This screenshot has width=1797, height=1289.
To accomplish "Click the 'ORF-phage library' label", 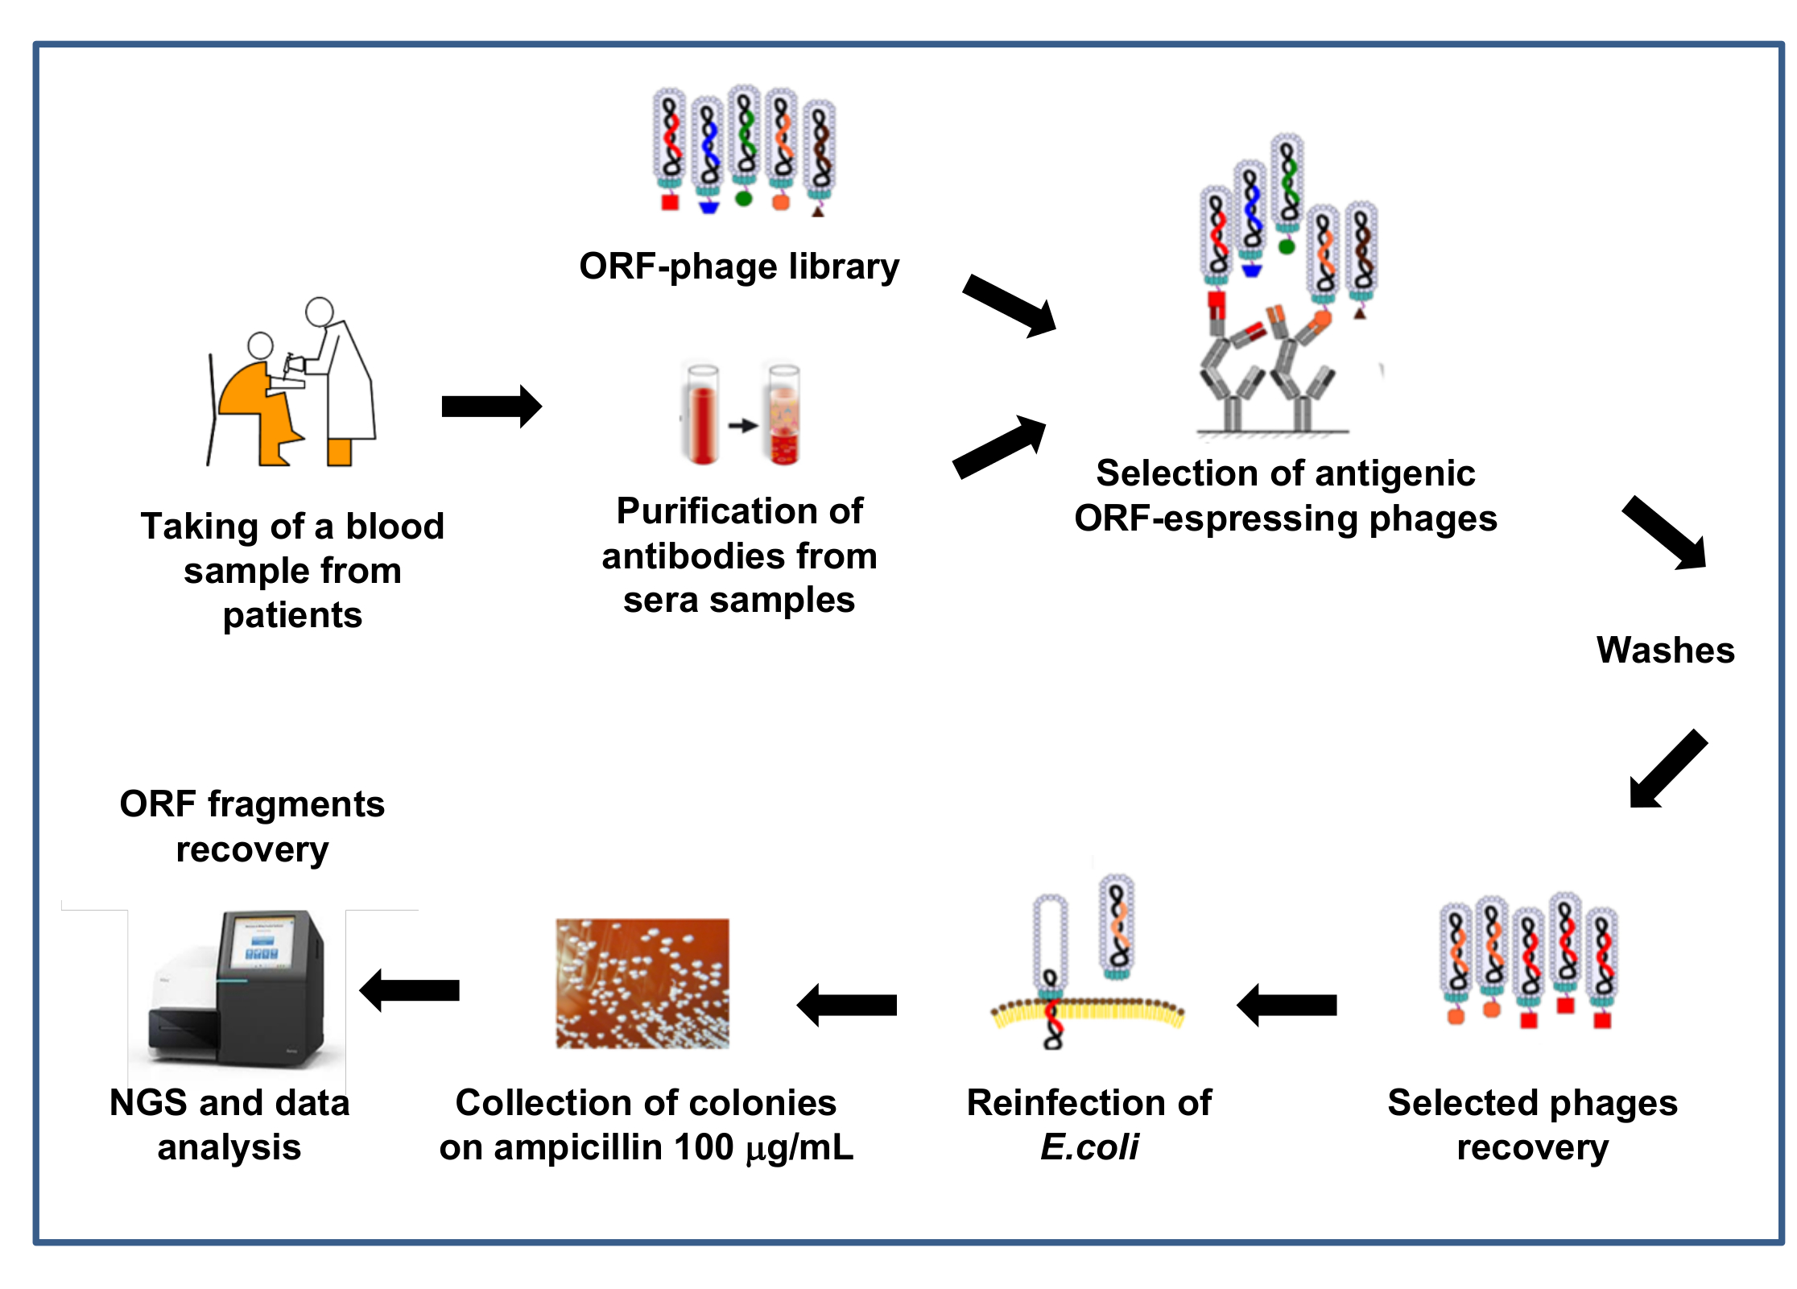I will [738, 266].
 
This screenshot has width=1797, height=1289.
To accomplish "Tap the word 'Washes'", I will [1665, 650].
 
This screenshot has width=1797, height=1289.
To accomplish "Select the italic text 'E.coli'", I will [1089, 1146].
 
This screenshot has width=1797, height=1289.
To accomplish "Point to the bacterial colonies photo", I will [642, 983].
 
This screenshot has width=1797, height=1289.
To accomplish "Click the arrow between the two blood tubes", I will [743, 425].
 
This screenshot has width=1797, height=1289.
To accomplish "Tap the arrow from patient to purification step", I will [491, 407].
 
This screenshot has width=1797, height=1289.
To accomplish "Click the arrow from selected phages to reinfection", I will [1287, 1005].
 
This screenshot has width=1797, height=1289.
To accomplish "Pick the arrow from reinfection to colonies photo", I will [847, 1005].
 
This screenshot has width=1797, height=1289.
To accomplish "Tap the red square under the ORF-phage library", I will [670, 202].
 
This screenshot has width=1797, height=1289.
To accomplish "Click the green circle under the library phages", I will [744, 198].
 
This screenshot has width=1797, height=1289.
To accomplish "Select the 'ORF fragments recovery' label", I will [252, 826].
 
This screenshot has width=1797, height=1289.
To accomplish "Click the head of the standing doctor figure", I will [320, 312].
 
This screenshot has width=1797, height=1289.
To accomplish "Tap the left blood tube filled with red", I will [702, 419].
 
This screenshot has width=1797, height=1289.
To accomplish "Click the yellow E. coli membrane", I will [1087, 1013].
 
